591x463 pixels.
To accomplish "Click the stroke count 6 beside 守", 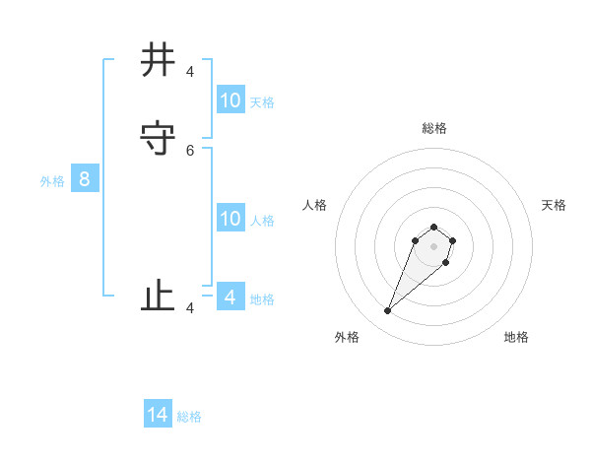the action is [x=190, y=151].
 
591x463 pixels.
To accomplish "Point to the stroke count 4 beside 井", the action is [x=190, y=72].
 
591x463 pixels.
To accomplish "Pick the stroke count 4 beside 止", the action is [x=190, y=308].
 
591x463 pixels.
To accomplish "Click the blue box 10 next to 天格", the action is [x=230, y=100].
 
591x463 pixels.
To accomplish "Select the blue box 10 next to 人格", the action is [x=230, y=219].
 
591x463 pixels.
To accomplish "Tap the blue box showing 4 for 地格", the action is [x=230, y=297].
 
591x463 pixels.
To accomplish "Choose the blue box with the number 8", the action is [x=85, y=179].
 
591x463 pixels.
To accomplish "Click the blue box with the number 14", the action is [x=158, y=415].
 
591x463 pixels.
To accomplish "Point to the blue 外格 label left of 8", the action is [x=52, y=181].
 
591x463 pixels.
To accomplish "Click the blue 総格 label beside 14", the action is [x=189, y=417].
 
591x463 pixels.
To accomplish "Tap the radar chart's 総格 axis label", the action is [x=434, y=128].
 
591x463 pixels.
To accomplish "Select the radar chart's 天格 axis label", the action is [x=554, y=205].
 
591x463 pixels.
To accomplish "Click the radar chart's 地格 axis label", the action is [x=516, y=337].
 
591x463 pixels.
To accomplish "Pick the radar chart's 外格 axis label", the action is [x=347, y=337].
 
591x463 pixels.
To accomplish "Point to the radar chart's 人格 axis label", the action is [x=314, y=205].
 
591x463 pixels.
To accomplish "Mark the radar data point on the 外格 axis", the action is [x=388, y=311].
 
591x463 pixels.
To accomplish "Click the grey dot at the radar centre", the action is [x=433, y=246].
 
